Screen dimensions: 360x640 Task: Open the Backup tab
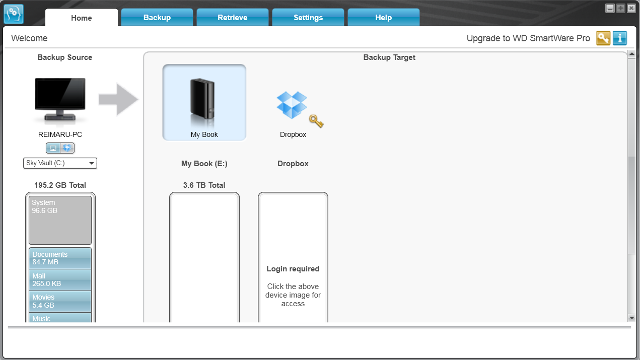point(157,18)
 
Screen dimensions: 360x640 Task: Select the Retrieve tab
point(233,18)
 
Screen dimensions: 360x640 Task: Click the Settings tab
point(308,18)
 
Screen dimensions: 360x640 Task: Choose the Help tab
point(384,18)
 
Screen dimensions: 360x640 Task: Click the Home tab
point(82,18)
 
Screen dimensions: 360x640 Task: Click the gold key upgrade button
point(603,38)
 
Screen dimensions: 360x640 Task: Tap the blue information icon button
point(619,38)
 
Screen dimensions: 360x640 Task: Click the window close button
point(631,9)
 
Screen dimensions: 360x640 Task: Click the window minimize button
point(610,9)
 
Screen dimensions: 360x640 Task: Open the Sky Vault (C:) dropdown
point(60,163)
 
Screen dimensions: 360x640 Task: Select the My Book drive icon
point(204,102)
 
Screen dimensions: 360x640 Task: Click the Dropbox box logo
point(292,105)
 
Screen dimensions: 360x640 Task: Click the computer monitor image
point(60,100)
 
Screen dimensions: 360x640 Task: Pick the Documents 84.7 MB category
point(60,258)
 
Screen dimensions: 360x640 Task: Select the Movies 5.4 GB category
point(60,301)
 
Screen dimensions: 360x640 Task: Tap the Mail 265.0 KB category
point(60,280)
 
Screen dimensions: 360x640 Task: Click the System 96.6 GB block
point(60,220)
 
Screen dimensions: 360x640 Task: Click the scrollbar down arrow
point(631,318)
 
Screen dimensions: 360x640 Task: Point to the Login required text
point(293,269)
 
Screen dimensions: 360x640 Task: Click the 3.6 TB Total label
point(204,185)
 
